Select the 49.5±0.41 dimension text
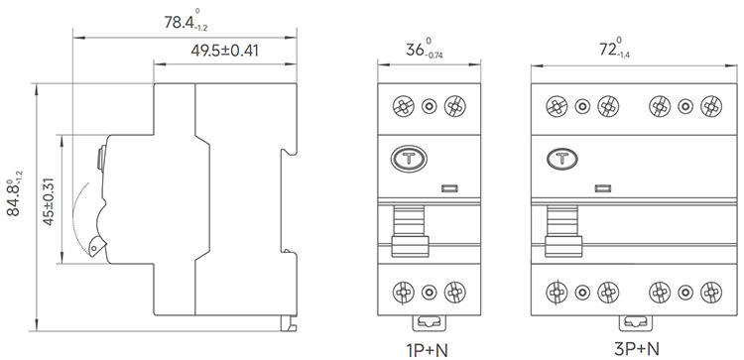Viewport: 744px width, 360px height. (224, 51)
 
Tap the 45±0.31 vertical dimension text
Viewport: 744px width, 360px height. (49, 201)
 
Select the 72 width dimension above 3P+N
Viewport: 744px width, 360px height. (614, 49)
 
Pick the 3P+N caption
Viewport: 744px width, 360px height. (636, 349)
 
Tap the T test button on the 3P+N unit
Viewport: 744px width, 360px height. (562, 159)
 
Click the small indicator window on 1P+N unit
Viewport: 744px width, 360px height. (449, 188)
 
